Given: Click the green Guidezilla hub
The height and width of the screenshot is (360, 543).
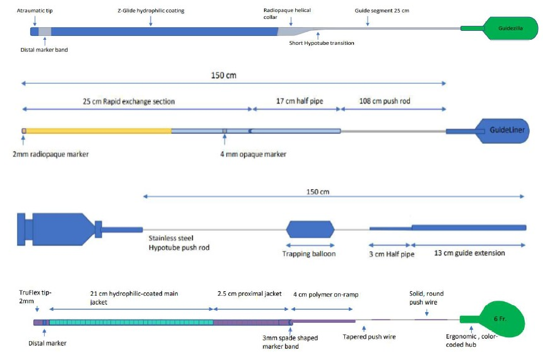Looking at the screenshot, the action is (509, 28).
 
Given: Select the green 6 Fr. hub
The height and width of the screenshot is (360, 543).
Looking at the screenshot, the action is (499, 319).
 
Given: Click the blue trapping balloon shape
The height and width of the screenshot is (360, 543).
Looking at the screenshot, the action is (310, 229).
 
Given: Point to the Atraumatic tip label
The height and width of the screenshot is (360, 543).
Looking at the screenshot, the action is (35, 10).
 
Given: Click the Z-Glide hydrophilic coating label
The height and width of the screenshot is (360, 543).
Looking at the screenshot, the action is (151, 10).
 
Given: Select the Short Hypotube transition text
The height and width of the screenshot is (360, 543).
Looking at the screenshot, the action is (322, 43).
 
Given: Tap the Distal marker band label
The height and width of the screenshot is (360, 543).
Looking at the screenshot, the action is (44, 50).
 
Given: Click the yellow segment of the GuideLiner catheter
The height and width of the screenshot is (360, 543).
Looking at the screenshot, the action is (98, 131).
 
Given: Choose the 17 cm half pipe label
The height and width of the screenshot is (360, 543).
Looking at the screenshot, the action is (300, 101).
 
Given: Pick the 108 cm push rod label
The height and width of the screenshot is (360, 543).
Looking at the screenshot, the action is (385, 101).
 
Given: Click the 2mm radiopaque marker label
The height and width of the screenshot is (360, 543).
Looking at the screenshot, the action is (50, 154).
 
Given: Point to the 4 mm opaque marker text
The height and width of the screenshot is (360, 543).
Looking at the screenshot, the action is (253, 154).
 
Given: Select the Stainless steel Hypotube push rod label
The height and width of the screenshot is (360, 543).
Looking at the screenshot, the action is (179, 243).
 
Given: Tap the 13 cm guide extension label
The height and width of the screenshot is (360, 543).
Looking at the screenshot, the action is (470, 253).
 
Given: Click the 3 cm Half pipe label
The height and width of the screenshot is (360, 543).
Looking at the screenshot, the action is (392, 254).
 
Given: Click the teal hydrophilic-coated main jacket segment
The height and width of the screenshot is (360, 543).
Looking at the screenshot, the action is (131, 322).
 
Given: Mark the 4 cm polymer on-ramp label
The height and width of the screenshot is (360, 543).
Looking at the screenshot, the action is (326, 294).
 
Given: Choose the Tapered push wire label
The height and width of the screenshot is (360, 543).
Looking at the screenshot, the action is (369, 337).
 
